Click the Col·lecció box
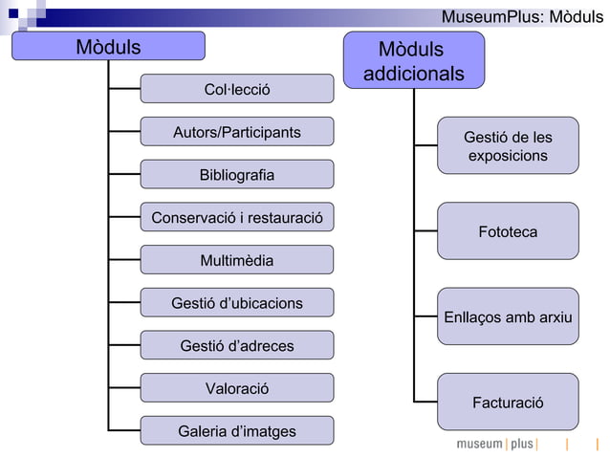tap(237, 89)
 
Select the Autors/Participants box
tap(237, 132)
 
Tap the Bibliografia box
tap(237, 175)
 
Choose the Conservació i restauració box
tap(237, 218)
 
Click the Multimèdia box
tap(237, 260)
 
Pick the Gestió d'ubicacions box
tap(237, 303)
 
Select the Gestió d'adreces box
tap(237, 345)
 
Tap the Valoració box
tap(237, 388)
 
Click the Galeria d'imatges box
tap(237, 431)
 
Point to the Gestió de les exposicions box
tap(508, 145)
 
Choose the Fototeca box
tap(508, 231)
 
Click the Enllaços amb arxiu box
tap(508, 316)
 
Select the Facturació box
tap(508, 403)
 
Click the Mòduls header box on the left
tap(108, 46)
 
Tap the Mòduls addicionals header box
tap(413, 60)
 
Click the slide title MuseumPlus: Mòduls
tap(522, 17)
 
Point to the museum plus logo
tap(496, 445)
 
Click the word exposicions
tap(508, 155)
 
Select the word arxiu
tap(553, 316)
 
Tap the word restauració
tap(281, 218)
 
